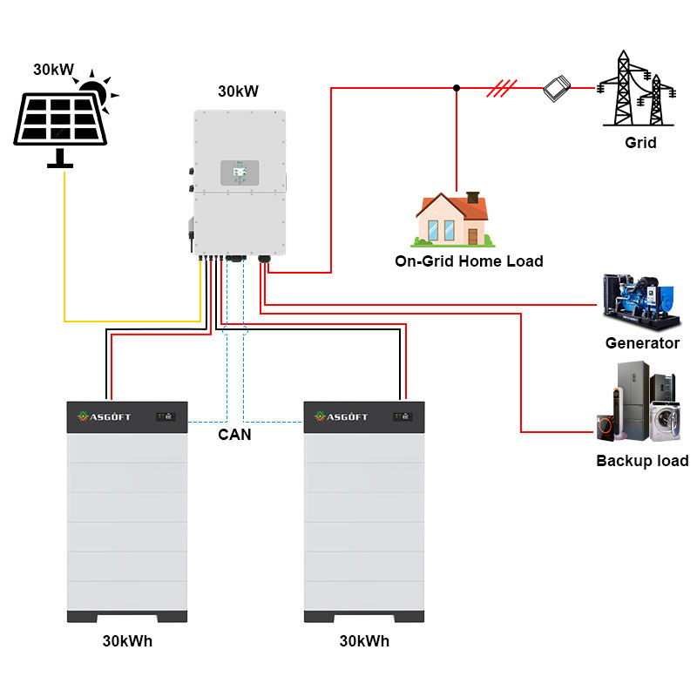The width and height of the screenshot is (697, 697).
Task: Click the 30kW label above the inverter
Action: click(238, 91)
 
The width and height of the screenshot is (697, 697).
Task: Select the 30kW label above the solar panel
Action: click(53, 70)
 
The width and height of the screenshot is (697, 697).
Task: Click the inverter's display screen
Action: click(240, 173)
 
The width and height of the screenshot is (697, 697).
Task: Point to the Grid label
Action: click(640, 143)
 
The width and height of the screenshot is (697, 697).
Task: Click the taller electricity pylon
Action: click(623, 88)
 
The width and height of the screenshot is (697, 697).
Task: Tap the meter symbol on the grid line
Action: click(557, 88)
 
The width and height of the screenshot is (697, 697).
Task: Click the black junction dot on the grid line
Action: click(457, 88)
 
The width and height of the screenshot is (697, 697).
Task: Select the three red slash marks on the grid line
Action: click(502, 88)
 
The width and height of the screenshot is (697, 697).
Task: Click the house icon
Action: click(452, 220)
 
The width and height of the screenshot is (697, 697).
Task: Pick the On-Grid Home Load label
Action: click(469, 261)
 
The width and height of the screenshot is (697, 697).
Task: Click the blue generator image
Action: click(641, 302)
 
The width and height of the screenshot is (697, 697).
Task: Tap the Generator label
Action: click(642, 343)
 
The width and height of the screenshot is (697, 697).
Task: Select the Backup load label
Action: click(642, 461)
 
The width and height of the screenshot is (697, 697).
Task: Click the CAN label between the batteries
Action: click(234, 434)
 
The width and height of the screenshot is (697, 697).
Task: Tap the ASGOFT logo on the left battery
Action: click(104, 416)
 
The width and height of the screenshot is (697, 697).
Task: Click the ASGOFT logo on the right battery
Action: click(341, 416)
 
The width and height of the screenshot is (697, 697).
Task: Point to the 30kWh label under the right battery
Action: click(364, 641)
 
